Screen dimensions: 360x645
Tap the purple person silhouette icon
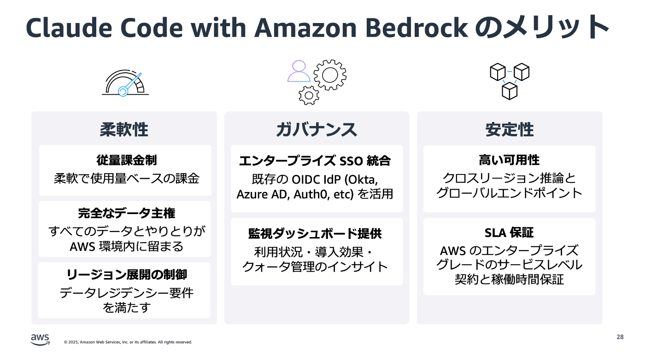299,71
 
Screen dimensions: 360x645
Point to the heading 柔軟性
124,130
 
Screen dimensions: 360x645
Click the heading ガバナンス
317,130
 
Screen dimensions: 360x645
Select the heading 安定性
509,130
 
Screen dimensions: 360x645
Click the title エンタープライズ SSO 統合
315,161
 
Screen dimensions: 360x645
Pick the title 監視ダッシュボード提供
315,233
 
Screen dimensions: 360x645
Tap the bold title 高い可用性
509,160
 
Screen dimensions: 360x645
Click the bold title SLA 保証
509,232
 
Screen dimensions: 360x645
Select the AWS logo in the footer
40,339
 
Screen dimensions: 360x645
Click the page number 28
620,337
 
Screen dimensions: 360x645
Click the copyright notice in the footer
128,342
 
